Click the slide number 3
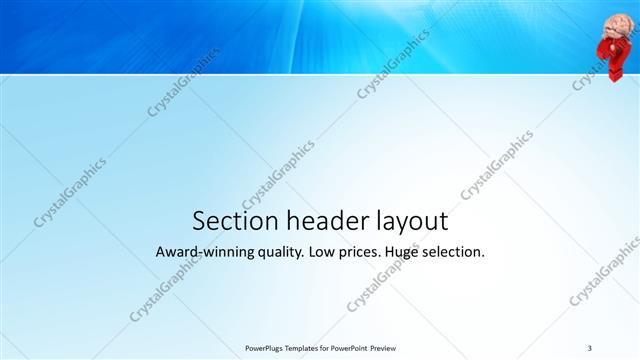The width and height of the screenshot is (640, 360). pos(590,347)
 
